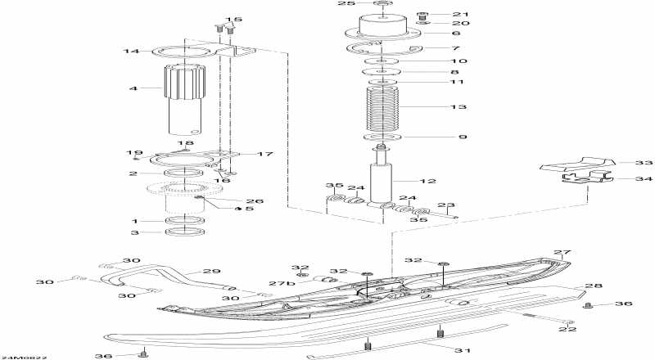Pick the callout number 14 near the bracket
131,52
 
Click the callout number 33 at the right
623,163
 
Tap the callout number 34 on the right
623,178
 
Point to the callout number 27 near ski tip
561,253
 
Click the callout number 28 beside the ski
593,286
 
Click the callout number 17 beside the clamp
265,154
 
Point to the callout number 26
232,200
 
